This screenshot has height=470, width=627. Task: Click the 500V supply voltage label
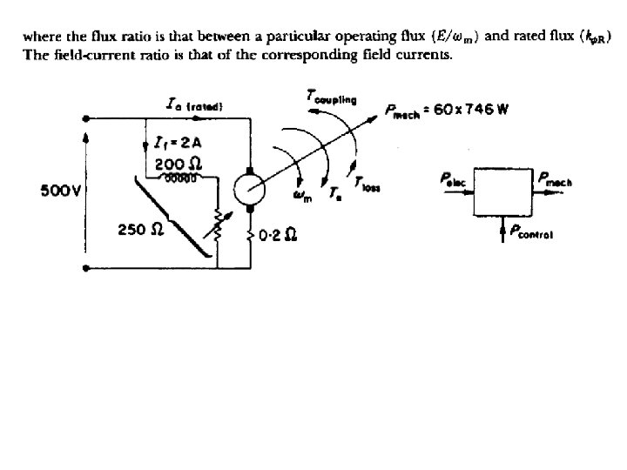57,191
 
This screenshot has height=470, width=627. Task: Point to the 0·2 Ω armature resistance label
280,235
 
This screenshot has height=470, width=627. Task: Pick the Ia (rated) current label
195,105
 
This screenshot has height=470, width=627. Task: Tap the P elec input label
454,181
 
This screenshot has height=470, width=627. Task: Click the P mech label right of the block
556,180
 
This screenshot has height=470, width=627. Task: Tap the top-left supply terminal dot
84,117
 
